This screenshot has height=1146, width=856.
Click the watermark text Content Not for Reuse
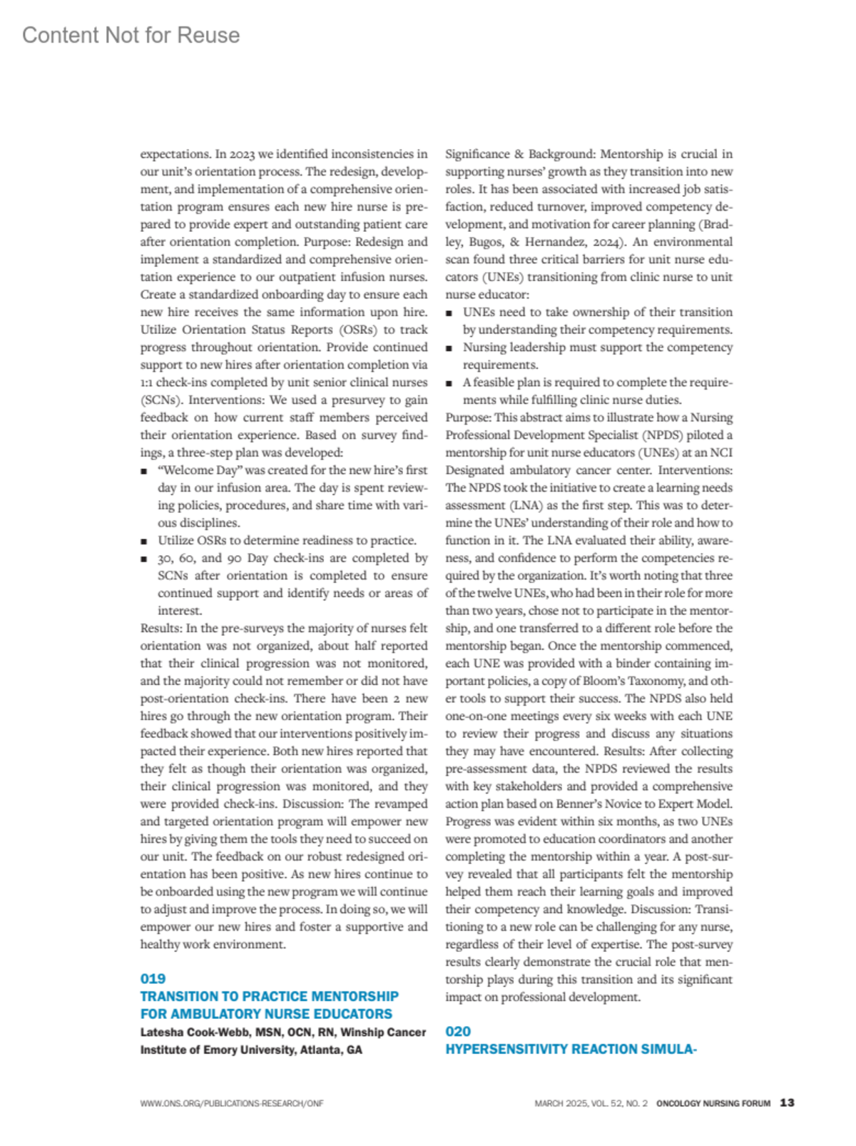[x=131, y=35]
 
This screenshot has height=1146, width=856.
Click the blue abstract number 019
[x=153, y=978]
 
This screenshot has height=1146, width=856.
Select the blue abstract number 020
[x=458, y=1031]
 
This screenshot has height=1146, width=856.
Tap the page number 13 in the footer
[x=787, y=1102]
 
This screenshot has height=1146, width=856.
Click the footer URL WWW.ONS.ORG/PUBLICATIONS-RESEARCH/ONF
[x=232, y=1103]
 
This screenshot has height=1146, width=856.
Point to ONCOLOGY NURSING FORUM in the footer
[x=713, y=1103]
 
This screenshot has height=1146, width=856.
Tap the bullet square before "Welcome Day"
[x=144, y=471]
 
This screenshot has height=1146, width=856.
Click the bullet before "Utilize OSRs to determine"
[x=144, y=541]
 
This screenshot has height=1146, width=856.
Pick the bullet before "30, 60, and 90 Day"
[x=144, y=559]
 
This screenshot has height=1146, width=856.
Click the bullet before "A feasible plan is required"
[x=449, y=383]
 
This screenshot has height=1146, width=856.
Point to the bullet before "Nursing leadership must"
[x=449, y=348]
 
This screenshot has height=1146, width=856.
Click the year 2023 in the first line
[x=243, y=154]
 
